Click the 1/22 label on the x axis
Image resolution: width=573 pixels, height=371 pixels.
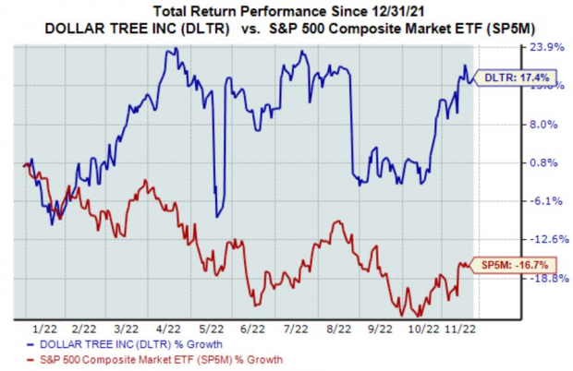pyautogui.click(x=40, y=328)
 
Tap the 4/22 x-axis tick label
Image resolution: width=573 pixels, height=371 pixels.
pyautogui.click(x=167, y=328)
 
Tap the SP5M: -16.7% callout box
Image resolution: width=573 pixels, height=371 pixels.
pyautogui.click(x=507, y=266)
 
